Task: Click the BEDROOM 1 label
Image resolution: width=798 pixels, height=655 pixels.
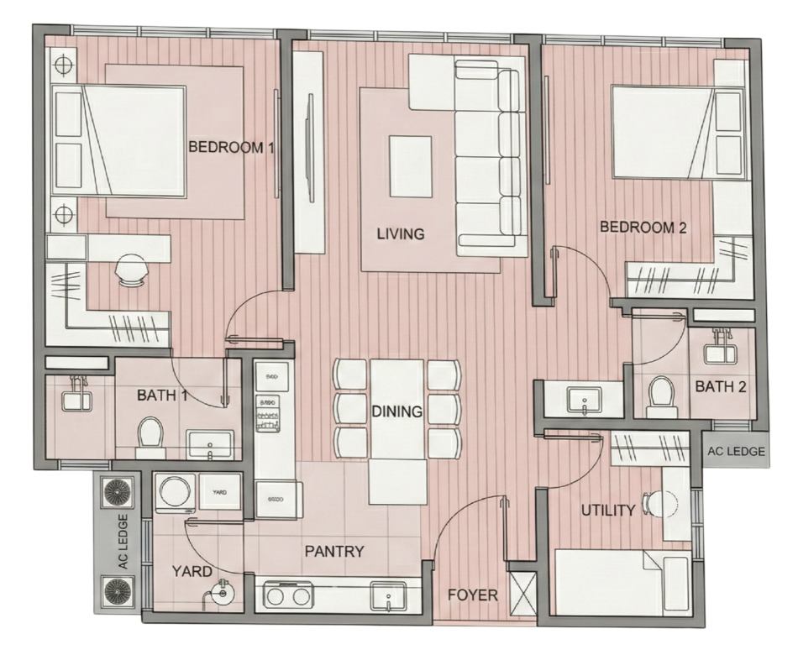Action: click(231, 148)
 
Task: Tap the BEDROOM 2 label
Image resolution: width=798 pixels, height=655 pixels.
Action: click(643, 227)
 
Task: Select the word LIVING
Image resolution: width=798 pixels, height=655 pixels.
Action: click(401, 234)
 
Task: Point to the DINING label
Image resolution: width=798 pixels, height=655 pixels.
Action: click(397, 411)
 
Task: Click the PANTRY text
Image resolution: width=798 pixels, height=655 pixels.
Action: click(334, 552)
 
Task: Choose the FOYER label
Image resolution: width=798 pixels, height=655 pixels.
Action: click(472, 595)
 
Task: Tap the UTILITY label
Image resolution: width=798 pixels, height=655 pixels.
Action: click(608, 511)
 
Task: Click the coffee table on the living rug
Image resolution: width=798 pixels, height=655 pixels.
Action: click(410, 165)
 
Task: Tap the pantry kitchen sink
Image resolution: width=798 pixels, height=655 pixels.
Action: click(389, 596)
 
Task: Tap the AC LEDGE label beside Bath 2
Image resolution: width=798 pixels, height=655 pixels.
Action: click(736, 452)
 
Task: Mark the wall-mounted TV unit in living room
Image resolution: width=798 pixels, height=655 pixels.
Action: click(309, 151)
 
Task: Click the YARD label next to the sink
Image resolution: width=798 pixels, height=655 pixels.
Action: click(192, 571)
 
